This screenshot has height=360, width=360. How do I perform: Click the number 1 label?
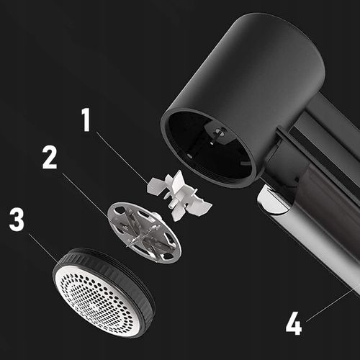[x=86, y=120]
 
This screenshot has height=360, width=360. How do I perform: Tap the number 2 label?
[x=50, y=157]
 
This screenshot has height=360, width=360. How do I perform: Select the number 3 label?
[x=17, y=220]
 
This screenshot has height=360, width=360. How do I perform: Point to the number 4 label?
[x=294, y=323]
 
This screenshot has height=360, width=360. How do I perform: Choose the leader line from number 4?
[x=333, y=303]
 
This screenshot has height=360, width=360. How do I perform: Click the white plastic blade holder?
[x=179, y=195]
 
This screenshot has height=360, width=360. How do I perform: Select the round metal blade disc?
[x=144, y=233]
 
